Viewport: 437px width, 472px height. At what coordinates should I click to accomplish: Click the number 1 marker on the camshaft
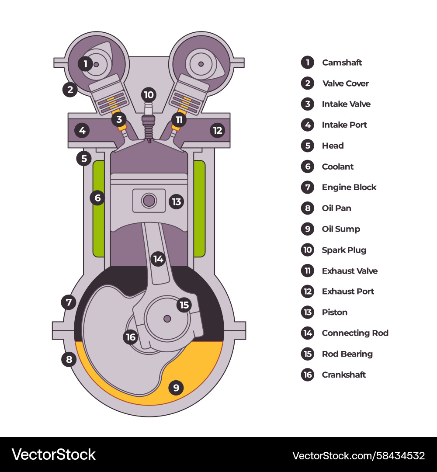pyautogui.click(x=86, y=64)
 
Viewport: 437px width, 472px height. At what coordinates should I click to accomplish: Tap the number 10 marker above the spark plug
pyautogui.click(x=149, y=95)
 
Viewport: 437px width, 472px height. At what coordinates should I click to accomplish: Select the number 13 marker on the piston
pyautogui.click(x=177, y=201)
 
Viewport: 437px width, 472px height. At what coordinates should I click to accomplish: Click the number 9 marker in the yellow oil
pyautogui.click(x=176, y=387)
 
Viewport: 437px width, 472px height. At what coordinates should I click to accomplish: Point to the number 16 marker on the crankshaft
pyautogui.click(x=131, y=337)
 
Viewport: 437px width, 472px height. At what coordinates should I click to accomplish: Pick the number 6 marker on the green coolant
pyautogui.click(x=97, y=198)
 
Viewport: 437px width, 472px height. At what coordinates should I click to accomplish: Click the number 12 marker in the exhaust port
pyautogui.click(x=217, y=130)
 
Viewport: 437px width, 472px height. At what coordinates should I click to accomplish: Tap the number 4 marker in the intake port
pyautogui.click(x=82, y=130)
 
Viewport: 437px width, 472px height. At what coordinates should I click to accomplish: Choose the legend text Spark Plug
pyautogui.click(x=344, y=250)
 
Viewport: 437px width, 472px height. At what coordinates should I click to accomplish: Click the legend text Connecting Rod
pyautogui.click(x=355, y=333)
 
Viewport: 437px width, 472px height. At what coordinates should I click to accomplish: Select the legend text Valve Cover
pyautogui.click(x=345, y=83)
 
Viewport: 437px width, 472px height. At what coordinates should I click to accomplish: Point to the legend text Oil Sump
pyautogui.click(x=341, y=229)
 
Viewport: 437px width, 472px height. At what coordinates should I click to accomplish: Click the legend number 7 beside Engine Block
pyautogui.click(x=308, y=187)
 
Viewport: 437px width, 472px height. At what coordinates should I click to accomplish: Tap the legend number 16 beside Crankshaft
pyautogui.click(x=308, y=375)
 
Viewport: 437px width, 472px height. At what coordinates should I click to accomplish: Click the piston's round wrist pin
pyautogui.click(x=149, y=201)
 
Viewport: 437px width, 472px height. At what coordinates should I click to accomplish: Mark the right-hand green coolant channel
pyautogui.click(x=199, y=208)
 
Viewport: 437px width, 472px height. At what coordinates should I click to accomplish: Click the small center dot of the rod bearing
pyautogui.click(x=167, y=319)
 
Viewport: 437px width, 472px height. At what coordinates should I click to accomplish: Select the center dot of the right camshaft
pyautogui.click(x=201, y=64)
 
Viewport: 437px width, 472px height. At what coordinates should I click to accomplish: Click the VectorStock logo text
pyautogui.click(x=54, y=455)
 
